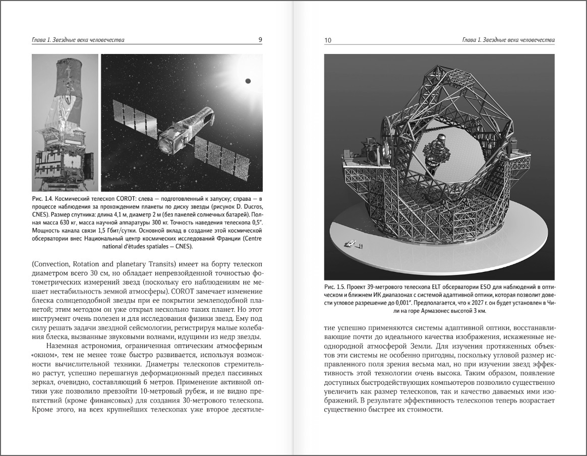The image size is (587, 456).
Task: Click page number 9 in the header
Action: coord(260,40)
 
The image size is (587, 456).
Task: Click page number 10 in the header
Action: coord(328,40)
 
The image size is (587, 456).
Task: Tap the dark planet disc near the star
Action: coord(248,81)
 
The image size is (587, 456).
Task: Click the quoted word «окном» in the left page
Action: coord(44,356)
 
